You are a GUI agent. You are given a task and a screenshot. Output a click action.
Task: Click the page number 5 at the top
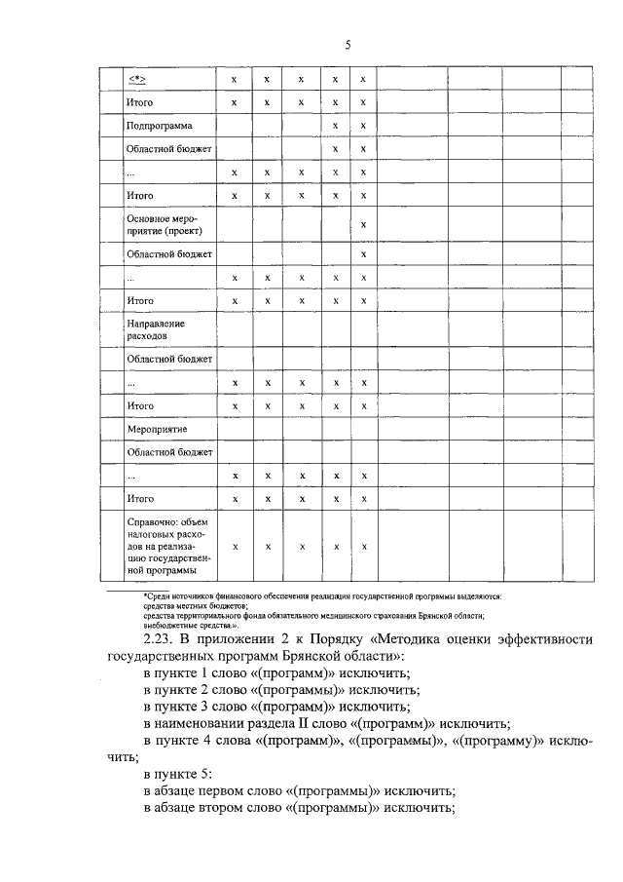point(347,44)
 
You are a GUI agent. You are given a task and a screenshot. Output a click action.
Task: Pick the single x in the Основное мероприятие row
point(363,226)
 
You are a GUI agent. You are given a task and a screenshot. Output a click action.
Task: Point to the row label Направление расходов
point(156,328)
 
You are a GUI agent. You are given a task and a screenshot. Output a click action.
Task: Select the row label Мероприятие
point(157,429)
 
